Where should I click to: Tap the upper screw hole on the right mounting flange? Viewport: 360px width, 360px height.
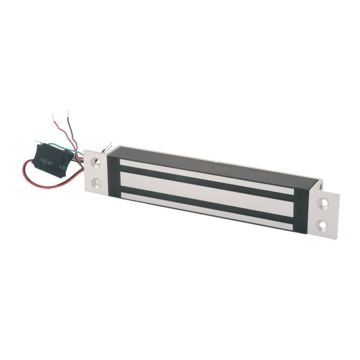(x=323, y=204)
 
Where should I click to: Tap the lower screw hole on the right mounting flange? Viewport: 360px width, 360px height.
(x=323, y=226)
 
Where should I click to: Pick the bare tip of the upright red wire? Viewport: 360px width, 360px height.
(x=54, y=116)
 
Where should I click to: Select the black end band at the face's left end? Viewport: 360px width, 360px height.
(x=113, y=174)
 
